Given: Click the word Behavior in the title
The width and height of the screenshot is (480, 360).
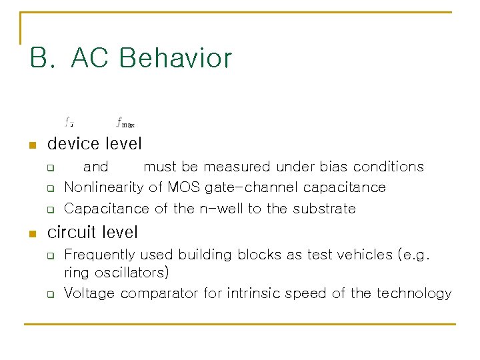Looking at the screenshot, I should (x=175, y=58).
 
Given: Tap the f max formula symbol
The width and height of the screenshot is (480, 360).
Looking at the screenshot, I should (x=125, y=122).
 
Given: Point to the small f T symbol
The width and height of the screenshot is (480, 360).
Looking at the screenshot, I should (x=69, y=122).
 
